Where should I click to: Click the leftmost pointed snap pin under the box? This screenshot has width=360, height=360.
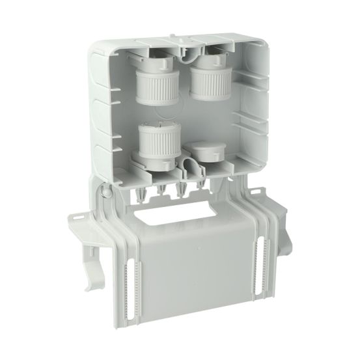click(142, 195)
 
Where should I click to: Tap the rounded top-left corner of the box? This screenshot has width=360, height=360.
click(94, 45)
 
